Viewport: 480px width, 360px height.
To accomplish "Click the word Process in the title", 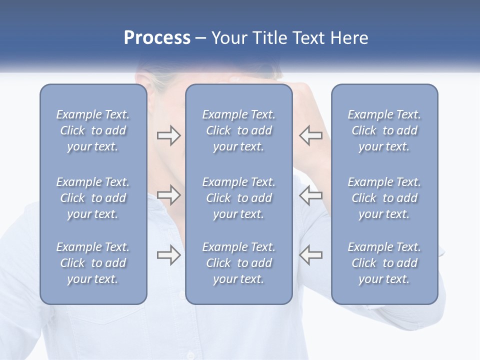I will [x=157, y=38].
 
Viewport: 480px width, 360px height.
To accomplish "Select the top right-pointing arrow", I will [x=168, y=135].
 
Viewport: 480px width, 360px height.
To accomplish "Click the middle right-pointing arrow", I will [x=168, y=195].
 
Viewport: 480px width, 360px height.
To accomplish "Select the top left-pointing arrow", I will [x=310, y=135].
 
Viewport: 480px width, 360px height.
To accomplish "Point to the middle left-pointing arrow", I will [x=310, y=195].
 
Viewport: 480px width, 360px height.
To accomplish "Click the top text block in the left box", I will [x=93, y=130].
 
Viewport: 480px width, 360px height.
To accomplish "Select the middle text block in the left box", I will [x=93, y=198].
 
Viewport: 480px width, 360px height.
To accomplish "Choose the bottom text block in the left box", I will [x=93, y=263].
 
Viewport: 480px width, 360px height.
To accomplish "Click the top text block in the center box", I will [x=239, y=130].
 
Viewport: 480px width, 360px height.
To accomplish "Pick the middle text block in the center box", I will [x=239, y=198].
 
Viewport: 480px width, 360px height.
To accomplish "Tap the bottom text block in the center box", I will [x=239, y=263].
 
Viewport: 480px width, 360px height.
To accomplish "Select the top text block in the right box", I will [x=384, y=130].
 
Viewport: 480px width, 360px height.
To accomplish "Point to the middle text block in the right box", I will [x=384, y=198].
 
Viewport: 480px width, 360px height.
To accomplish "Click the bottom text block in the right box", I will [x=384, y=263].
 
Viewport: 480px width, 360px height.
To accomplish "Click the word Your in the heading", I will [x=229, y=38].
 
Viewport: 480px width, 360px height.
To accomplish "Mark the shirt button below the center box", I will [x=190, y=355].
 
